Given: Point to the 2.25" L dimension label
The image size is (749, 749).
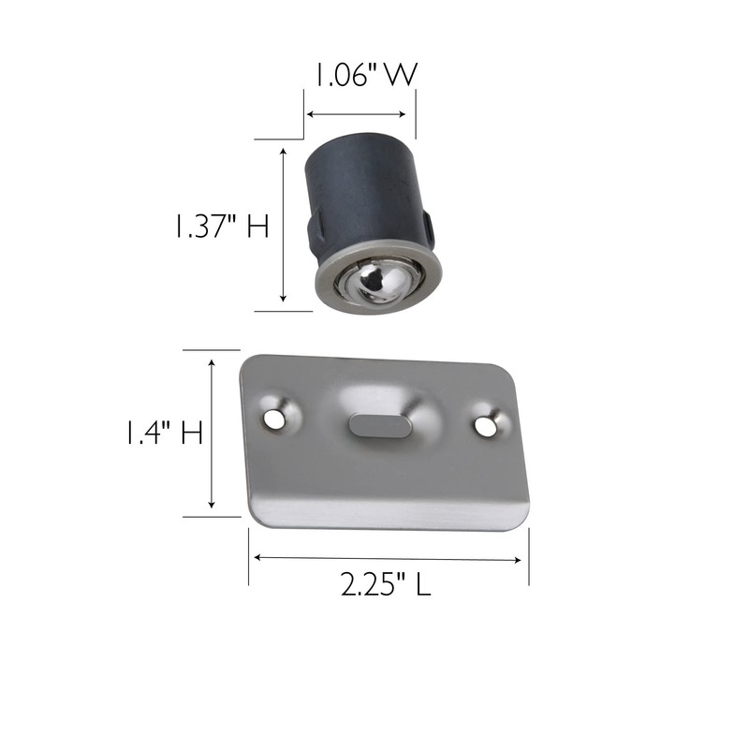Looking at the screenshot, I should pyautogui.click(x=384, y=586).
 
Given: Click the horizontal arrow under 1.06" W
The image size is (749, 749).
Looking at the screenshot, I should pyautogui.click(x=360, y=114).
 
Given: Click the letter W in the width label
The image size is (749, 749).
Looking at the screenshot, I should pyautogui.click(x=400, y=76).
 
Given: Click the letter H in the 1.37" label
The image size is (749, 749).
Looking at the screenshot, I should pyautogui.click(x=257, y=227).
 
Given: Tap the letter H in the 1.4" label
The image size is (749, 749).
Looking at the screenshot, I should pyautogui.click(x=192, y=433).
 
